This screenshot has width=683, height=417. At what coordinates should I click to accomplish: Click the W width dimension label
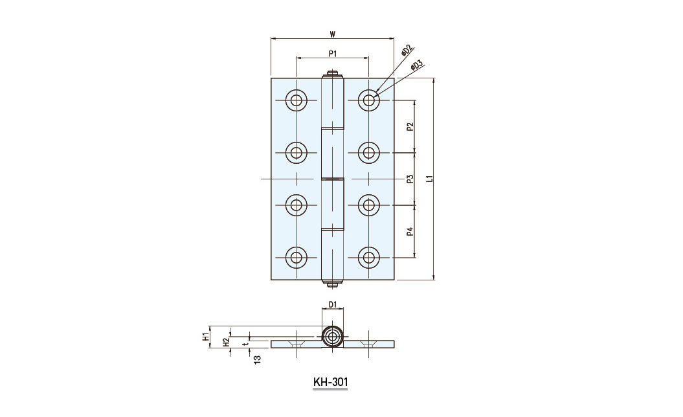[x=332, y=34]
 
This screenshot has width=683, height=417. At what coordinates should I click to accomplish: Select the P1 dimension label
[x=333, y=54]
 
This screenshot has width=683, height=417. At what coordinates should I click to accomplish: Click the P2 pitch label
[x=409, y=127]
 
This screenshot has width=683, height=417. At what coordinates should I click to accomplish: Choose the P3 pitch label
[x=409, y=179]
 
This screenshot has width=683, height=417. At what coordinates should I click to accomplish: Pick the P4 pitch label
[x=409, y=231]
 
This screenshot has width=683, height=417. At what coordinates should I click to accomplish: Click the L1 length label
[x=429, y=178]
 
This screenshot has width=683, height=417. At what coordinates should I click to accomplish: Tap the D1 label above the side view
[x=332, y=304]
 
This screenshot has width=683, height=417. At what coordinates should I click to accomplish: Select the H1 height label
[x=205, y=337]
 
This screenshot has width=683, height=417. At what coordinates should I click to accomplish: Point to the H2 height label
[x=226, y=343]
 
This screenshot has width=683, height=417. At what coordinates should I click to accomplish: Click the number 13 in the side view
[x=257, y=359]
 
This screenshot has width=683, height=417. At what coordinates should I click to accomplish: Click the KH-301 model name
[x=331, y=382]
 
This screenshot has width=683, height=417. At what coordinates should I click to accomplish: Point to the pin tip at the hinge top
[x=333, y=73]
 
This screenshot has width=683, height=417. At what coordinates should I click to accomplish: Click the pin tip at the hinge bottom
[x=333, y=285]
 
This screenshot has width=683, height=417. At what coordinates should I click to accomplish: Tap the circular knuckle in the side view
[x=333, y=337]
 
